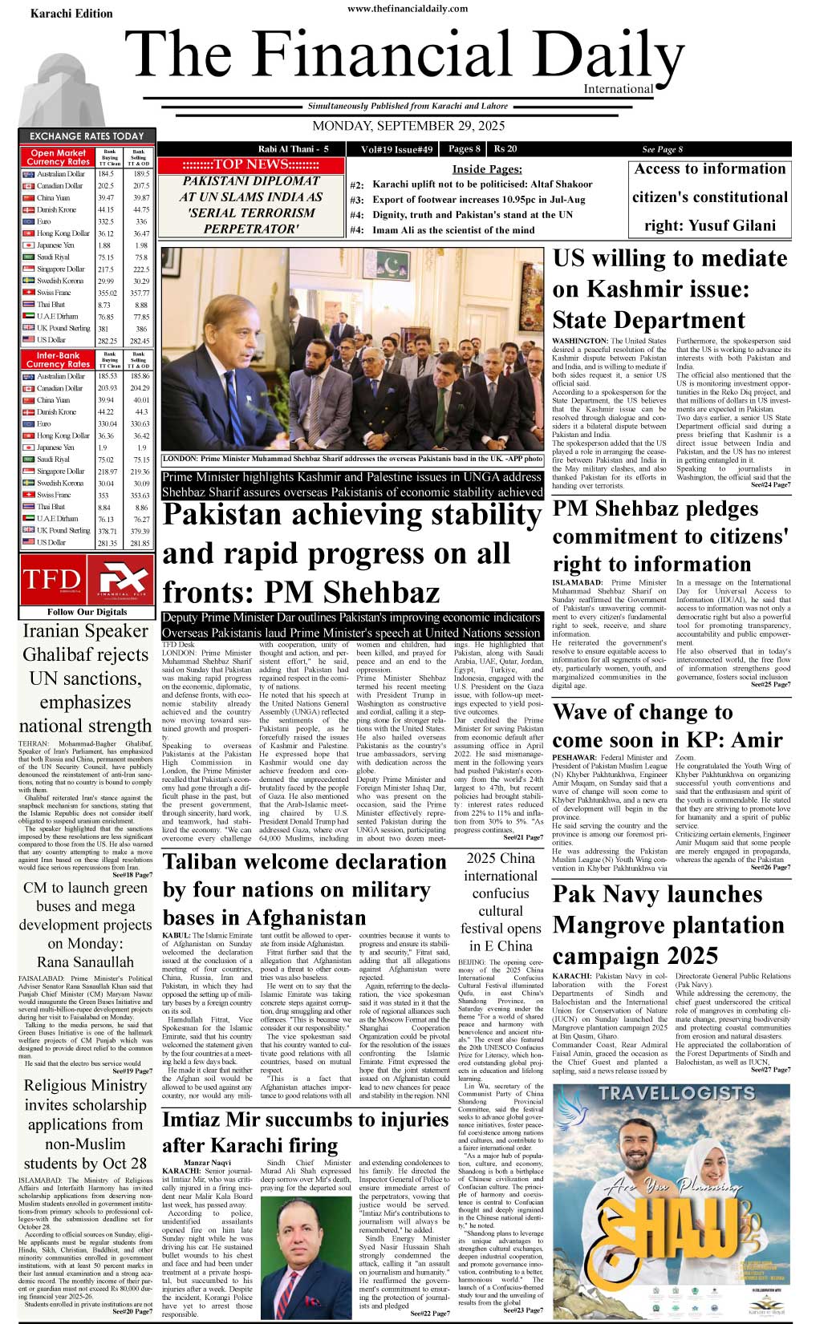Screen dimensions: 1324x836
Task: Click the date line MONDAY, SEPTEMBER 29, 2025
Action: (x=408, y=126)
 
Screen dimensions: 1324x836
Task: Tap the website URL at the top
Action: (x=408, y=9)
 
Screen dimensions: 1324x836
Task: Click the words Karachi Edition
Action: (x=71, y=14)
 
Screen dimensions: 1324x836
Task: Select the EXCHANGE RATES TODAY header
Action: (x=87, y=136)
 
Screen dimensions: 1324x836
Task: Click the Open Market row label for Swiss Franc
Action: (x=54, y=293)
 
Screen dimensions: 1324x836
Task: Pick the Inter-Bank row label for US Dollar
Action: (x=51, y=543)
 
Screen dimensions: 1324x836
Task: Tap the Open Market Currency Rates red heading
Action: (x=58, y=157)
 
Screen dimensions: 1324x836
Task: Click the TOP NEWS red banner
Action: (x=250, y=164)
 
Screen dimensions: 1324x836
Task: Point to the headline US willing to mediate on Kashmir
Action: (x=670, y=289)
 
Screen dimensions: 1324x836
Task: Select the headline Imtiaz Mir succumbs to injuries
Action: (x=306, y=1132)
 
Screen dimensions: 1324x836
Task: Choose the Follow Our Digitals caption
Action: (x=87, y=612)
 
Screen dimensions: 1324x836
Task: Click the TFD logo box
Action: (x=52, y=579)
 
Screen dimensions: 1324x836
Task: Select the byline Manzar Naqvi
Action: (x=207, y=1163)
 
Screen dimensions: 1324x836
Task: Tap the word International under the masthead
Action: (x=618, y=89)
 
